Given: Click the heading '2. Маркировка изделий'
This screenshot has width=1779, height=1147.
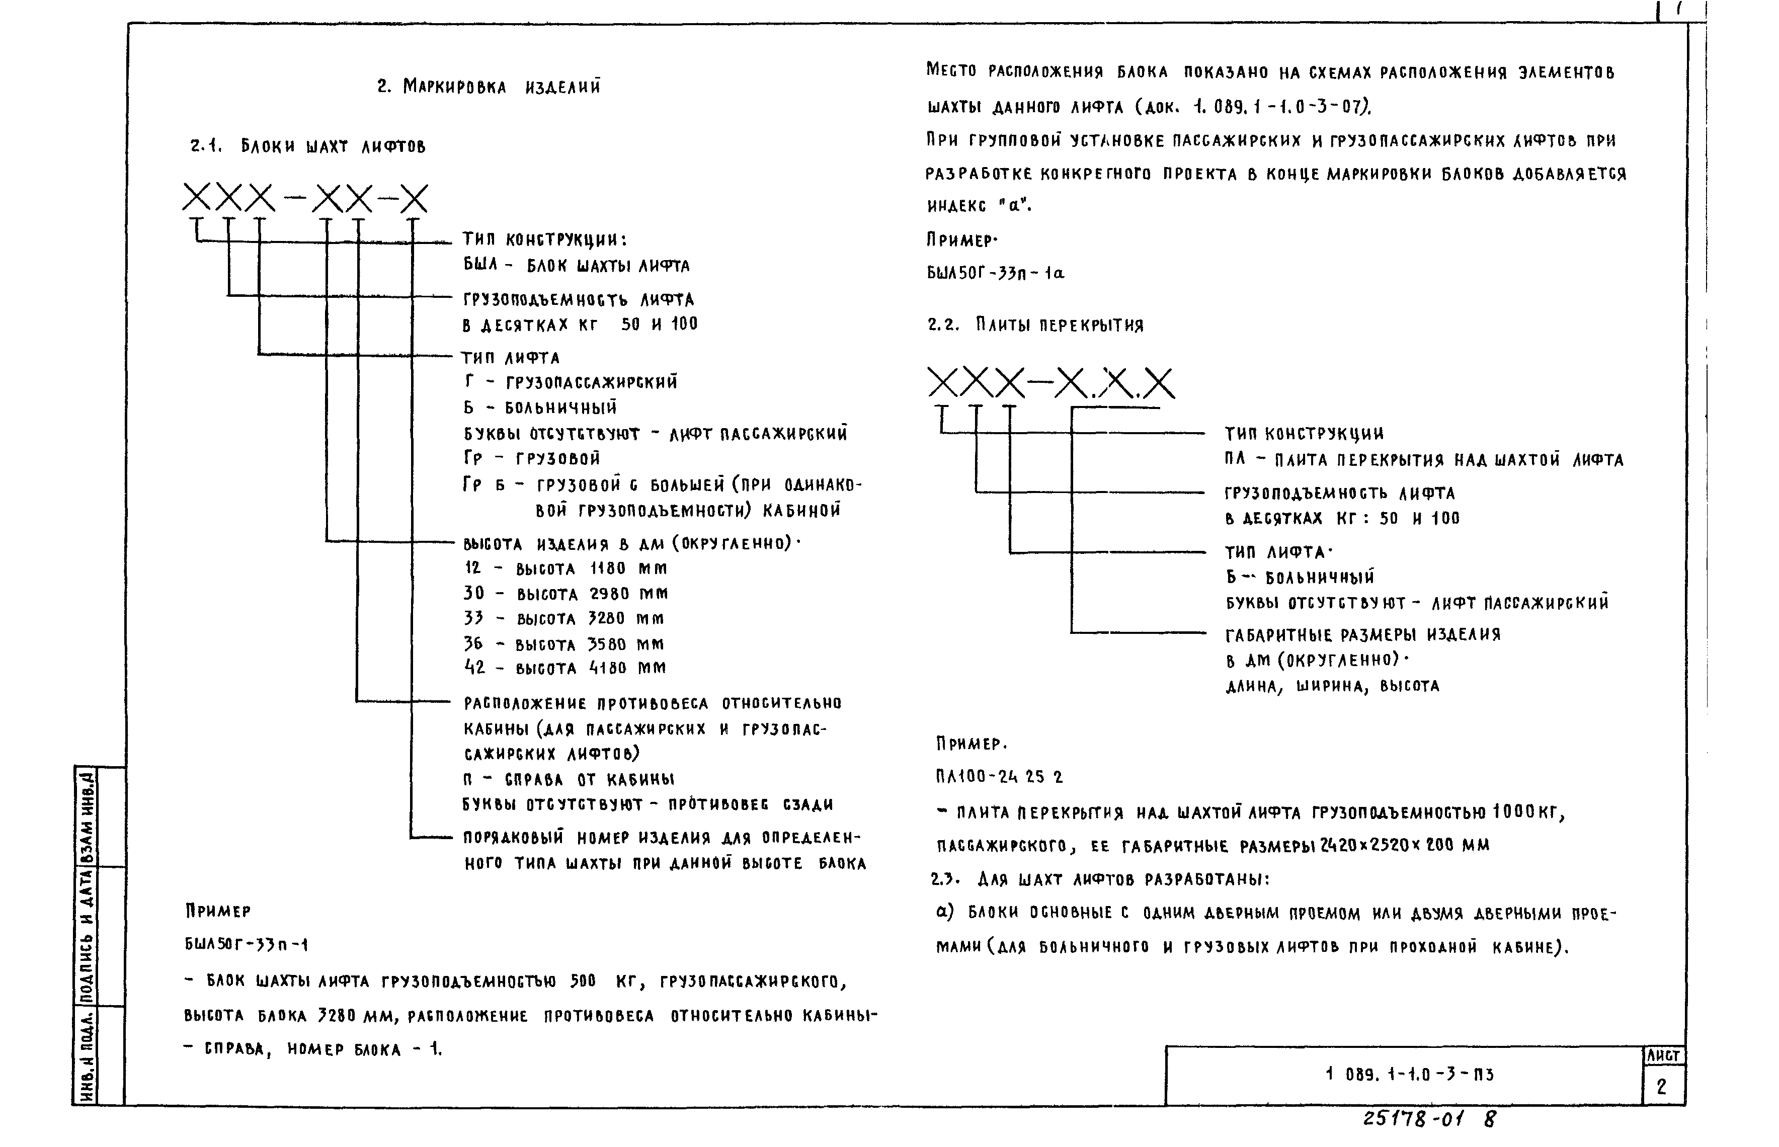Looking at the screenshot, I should click(489, 87).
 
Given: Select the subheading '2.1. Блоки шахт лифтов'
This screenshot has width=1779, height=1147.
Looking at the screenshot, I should click(307, 147).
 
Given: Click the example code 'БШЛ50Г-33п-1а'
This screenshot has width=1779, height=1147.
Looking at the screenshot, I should click(996, 273).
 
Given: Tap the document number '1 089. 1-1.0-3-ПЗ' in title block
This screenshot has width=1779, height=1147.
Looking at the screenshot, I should click(1410, 1075).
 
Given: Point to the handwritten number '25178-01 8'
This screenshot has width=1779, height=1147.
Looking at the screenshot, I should click(1429, 1119).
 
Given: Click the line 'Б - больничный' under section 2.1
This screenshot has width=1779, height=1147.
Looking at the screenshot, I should click(540, 408).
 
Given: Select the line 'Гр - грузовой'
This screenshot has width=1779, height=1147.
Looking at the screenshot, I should click(532, 459).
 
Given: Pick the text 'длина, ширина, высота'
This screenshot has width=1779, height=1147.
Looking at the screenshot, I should click(1332, 687).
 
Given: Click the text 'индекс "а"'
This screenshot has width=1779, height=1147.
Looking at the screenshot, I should click(979, 206).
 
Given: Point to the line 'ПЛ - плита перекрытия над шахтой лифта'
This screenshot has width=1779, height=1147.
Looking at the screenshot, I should click(1423, 460).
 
